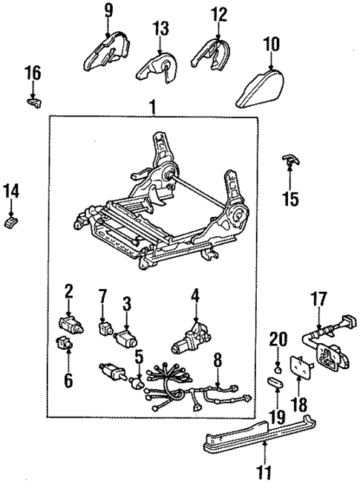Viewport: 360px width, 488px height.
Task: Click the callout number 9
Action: point(108,10)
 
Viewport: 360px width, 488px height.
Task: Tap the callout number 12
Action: point(218,13)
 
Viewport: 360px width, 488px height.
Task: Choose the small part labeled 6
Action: point(65,344)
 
